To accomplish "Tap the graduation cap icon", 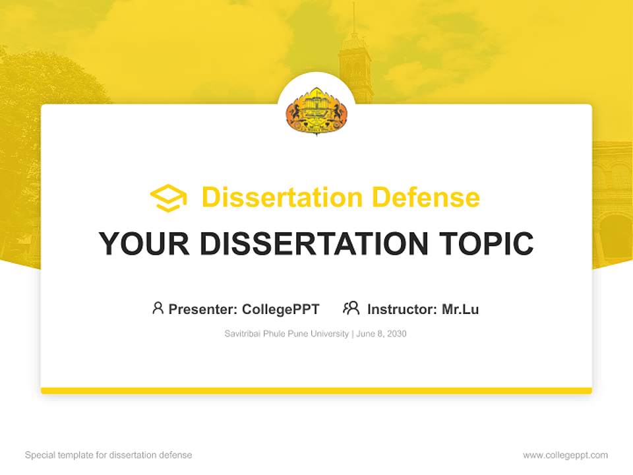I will [x=168, y=198].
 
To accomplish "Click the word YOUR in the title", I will [x=143, y=243].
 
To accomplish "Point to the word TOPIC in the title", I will [x=487, y=243].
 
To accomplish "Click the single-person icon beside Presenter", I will [x=158, y=308].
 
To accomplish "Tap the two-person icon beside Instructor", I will [x=351, y=308].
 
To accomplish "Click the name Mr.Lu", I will [x=460, y=309].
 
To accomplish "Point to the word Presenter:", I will [x=203, y=309].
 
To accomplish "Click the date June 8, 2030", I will [x=382, y=334].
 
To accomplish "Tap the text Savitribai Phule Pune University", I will [x=287, y=334].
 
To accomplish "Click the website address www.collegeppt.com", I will [x=565, y=455].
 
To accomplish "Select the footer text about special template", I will [x=109, y=455].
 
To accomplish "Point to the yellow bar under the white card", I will [x=316, y=391].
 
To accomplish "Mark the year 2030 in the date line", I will [x=397, y=334].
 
